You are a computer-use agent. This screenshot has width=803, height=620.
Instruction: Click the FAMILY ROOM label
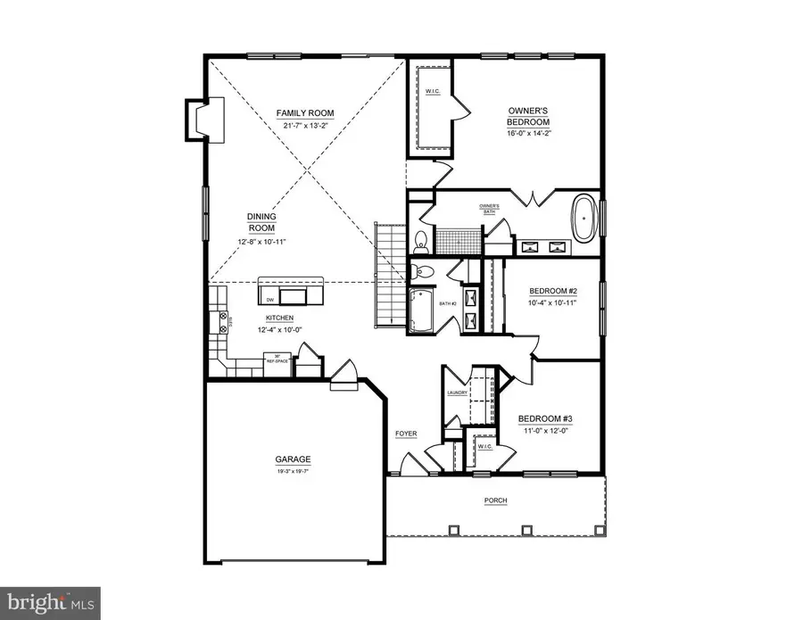(304, 113)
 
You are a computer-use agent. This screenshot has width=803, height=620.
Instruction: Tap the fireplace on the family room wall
(196, 119)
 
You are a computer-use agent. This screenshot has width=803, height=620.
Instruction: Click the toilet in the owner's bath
(420, 239)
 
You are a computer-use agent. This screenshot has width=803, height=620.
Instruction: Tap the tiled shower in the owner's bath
(458, 240)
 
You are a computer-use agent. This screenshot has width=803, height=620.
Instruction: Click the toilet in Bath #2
(426, 271)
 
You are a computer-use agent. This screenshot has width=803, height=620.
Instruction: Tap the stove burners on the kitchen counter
(216, 320)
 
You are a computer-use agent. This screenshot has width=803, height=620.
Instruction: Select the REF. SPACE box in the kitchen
(277, 360)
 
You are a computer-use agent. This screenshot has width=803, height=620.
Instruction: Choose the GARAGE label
(292, 462)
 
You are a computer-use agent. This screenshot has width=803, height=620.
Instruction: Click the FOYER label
(406, 434)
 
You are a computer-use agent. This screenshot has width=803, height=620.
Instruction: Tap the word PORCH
(496, 500)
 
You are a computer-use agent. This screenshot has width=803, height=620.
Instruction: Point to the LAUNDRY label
(457, 392)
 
